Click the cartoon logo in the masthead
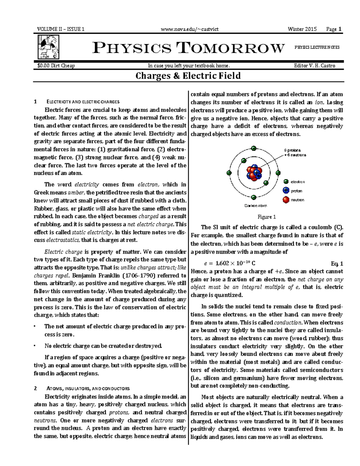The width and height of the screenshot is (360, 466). (48, 47)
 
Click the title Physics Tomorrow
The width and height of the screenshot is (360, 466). (188, 48)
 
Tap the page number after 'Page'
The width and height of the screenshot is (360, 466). (340, 29)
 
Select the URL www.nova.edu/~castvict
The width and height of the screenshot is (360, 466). (189, 29)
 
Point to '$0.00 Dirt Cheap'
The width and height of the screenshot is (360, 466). (56, 66)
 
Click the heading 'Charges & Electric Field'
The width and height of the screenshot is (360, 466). (188, 75)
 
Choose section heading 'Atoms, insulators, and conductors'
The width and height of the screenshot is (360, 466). (87, 389)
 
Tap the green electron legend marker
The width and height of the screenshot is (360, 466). (286, 182)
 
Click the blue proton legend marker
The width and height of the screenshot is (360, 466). (286, 191)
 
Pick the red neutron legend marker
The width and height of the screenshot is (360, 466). (286, 200)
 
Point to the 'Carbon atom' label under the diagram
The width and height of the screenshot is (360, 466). (255, 206)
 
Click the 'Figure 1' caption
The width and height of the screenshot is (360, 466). (267, 217)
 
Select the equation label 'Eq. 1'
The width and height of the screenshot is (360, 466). (337, 263)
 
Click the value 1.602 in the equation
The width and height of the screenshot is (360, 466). (222, 263)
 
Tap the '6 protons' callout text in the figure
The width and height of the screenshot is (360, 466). (292, 150)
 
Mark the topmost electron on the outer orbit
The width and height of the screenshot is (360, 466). (254, 148)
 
